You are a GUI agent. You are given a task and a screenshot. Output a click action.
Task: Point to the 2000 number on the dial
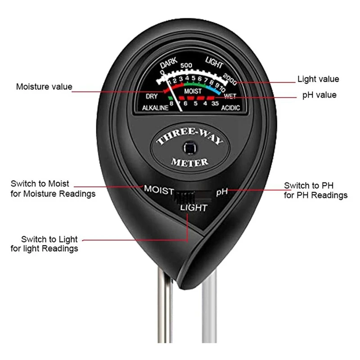point(229,80)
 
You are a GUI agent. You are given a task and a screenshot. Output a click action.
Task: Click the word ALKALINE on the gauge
point(154,108)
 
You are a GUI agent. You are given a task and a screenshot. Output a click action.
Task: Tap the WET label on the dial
point(229,96)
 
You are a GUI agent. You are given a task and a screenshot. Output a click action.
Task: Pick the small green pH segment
point(170,97)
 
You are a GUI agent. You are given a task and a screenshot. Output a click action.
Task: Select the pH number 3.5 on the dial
point(215,104)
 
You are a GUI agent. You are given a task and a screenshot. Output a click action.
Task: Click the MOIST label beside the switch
point(158,189)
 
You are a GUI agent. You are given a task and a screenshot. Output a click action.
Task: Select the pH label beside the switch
point(222,192)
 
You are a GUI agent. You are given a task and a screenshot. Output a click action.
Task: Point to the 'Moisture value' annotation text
point(44,87)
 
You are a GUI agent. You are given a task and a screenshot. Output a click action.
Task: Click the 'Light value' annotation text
point(318,79)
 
